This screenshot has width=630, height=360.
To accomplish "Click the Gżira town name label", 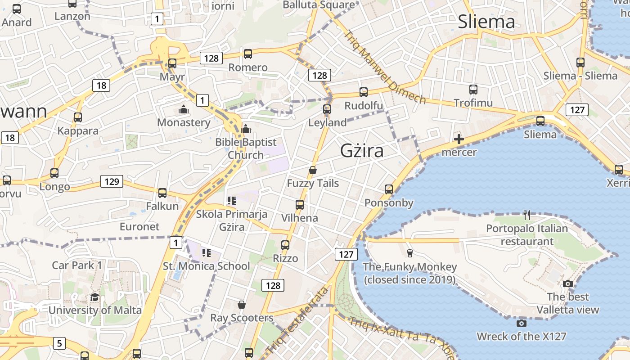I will pos(362,151).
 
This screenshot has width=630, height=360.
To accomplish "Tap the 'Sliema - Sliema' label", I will pos(580,76).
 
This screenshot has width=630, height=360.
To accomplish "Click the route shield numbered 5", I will pos(59,343).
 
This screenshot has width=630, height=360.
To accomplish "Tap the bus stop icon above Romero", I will pos(247,54).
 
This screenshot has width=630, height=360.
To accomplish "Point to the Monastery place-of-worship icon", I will pos(183,109).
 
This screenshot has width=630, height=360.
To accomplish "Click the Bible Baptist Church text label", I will pos(246,148).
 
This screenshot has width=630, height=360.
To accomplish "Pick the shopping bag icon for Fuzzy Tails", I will pos(313,170).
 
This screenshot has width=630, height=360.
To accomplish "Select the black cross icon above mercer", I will pos(459,139).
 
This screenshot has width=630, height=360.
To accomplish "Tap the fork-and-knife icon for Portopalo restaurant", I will pos(527,215).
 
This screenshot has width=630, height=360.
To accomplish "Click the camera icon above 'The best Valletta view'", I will pos(568,283).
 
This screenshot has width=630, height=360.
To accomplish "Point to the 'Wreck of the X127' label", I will pos(521,336).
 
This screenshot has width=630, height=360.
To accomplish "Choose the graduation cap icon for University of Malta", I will pos(94,297).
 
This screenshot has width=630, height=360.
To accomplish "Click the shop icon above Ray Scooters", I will pos(242,305).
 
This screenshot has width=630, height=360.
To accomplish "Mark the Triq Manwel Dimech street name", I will pos(385,67).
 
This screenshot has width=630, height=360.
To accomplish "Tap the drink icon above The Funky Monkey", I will pos(409,253).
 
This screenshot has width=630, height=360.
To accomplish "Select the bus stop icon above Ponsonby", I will pos(389,189).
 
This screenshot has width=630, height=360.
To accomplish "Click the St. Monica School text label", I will pos(206,266).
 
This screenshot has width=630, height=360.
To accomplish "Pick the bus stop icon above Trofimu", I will pos(473,90).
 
